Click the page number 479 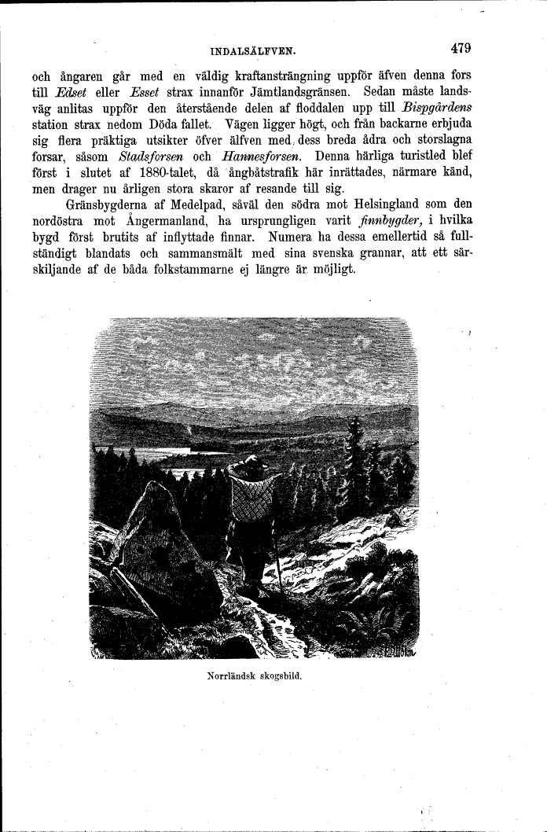(x=461, y=49)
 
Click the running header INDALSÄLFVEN (x=253, y=52)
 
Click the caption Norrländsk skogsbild (x=255, y=676)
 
